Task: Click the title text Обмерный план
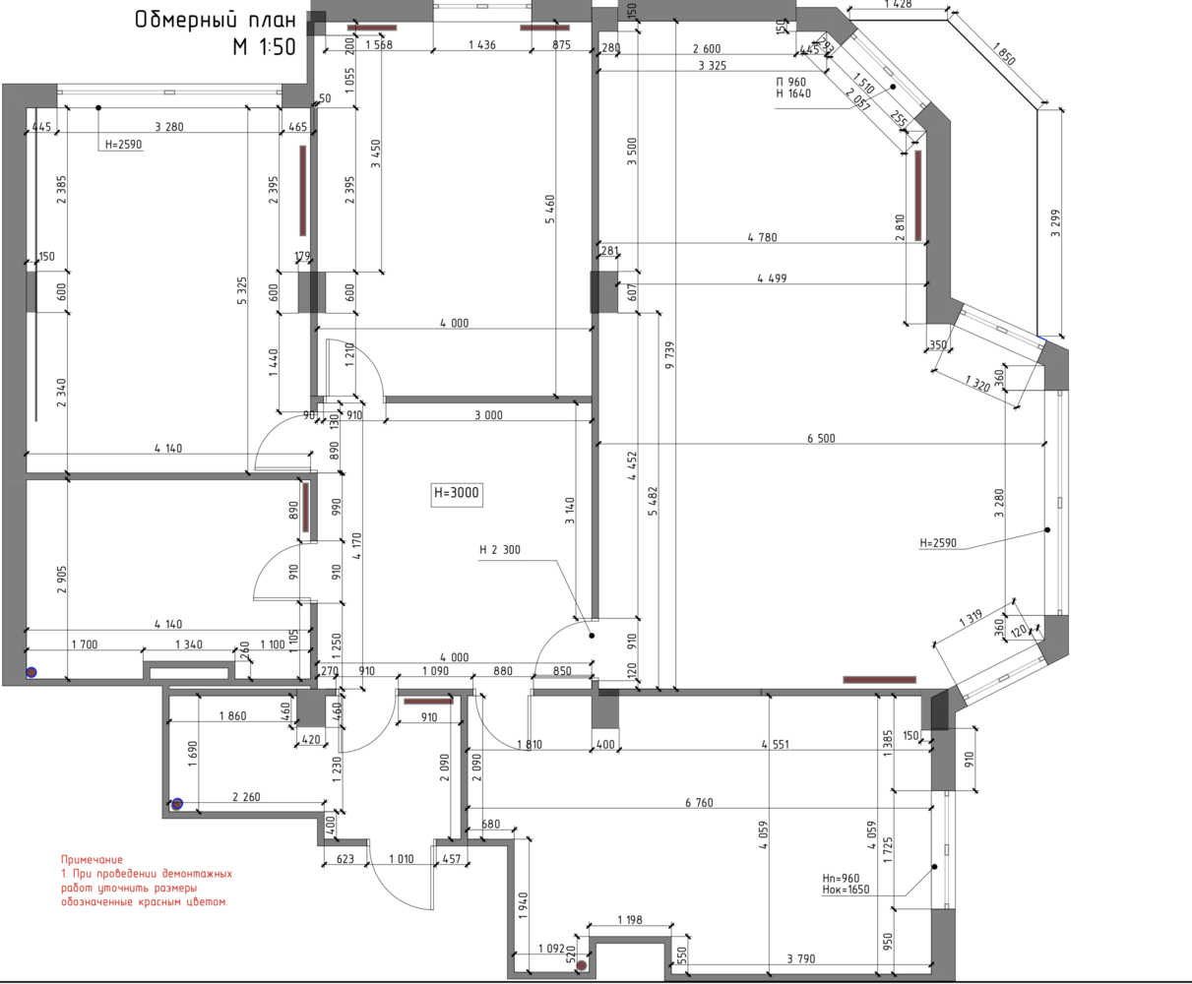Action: (216, 20)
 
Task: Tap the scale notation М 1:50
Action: (264, 47)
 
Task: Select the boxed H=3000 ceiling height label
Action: (456, 493)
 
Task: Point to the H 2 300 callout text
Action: (499, 550)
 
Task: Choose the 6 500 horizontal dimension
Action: (821, 438)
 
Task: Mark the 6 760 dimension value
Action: (699, 803)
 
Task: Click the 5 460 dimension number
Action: (550, 210)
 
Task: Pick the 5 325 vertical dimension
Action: (242, 290)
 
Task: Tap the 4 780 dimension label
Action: (762, 237)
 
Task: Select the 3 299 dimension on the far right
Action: (1055, 223)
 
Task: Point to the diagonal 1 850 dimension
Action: (1004, 54)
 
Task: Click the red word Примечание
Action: (92, 860)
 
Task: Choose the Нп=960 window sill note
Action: (841, 879)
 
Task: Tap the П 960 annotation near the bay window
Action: (790, 83)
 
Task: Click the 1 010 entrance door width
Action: (402, 859)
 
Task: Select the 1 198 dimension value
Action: (630, 919)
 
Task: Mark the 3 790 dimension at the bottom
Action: (801, 958)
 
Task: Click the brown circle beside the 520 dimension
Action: (581, 965)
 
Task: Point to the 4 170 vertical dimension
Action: (356, 546)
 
